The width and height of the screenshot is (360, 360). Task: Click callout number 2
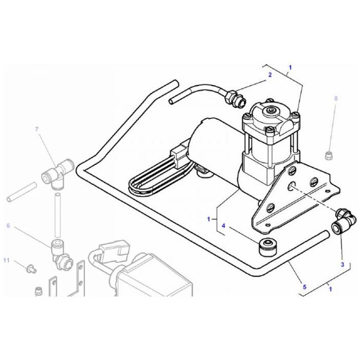(269, 75)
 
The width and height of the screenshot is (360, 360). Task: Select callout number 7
(37, 129)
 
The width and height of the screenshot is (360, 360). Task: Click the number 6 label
(8, 226)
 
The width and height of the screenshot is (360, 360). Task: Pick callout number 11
(6, 261)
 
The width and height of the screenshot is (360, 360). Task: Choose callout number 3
(342, 264)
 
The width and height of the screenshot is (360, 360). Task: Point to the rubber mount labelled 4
(267, 247)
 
